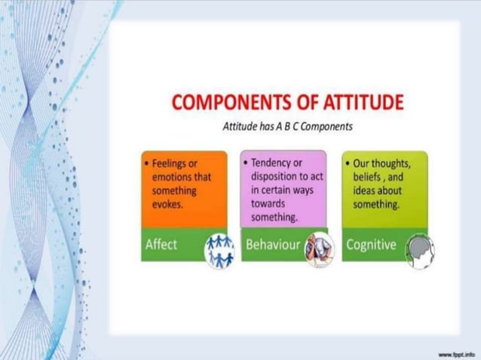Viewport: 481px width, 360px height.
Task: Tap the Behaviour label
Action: click(x=273, y=245)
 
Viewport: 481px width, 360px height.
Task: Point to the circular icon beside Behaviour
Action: click(x=319, y=249)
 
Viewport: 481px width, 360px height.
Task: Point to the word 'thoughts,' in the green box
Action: click(x=392, y=163)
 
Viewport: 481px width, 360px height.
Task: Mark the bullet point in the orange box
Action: click(x=146, y=163)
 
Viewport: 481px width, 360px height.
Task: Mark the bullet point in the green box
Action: click(x=345, y=163)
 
